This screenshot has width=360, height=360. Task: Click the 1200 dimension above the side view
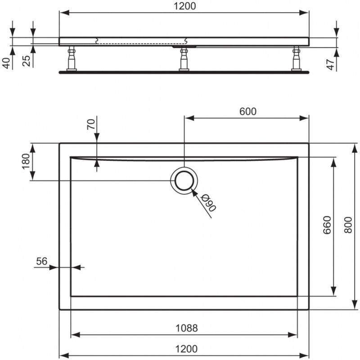[185, 6]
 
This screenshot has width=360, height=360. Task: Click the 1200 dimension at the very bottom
[186, 349]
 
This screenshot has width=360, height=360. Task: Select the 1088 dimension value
[186, 328]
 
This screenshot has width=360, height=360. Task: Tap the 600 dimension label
[248, 112]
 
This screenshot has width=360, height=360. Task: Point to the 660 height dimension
[327, 225]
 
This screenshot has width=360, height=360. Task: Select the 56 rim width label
[41, 261]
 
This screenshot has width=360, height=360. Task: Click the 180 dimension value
[26, 161]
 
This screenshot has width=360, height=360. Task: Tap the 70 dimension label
[91, 124]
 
